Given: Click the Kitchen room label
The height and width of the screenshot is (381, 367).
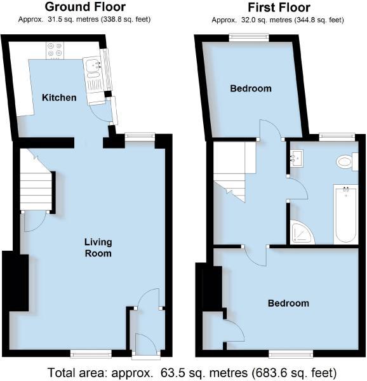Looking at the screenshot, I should (59, 98).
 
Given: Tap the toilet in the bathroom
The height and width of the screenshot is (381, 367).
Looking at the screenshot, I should (345, 162).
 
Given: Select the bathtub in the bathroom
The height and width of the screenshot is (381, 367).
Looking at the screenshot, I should (345, 214).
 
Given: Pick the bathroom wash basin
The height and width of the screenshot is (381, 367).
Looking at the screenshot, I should (298, 157).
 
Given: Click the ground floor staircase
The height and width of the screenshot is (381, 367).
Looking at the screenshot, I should (37, 181).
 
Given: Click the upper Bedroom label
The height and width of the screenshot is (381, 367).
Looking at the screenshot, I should (251, 88).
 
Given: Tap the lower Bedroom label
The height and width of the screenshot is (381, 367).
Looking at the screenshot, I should (288, 303).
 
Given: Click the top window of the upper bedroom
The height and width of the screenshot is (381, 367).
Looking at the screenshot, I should (248, 36).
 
